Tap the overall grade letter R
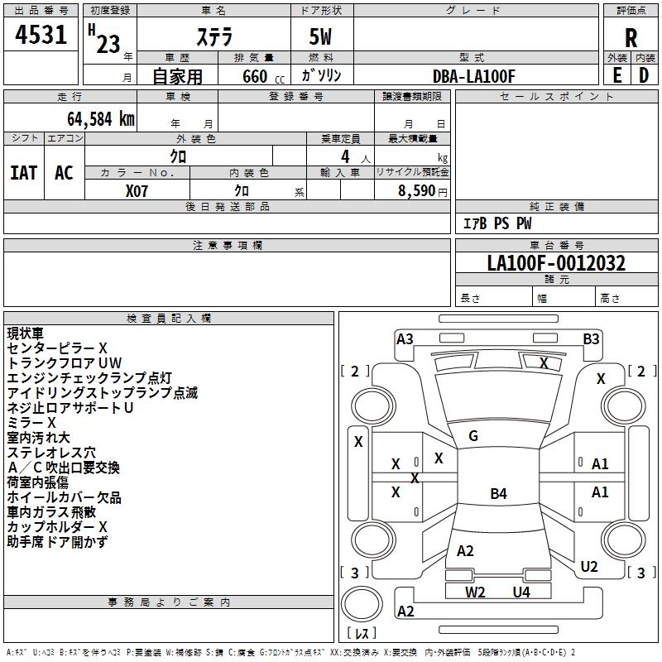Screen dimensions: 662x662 631,38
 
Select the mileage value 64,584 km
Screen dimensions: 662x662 90,118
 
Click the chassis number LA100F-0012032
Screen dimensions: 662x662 556,264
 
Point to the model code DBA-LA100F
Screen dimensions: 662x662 474,76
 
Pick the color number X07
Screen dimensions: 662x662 137,190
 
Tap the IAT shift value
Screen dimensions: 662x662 23,173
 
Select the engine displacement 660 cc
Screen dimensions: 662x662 252,76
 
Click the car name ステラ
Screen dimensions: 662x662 213,38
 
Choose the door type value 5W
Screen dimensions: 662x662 321,38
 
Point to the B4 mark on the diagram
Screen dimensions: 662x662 498,494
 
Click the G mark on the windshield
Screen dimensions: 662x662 473,436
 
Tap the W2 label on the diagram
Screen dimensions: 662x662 475,592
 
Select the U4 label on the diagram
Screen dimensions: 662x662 521,592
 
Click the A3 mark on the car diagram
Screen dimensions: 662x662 405,338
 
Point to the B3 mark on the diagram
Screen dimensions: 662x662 591,338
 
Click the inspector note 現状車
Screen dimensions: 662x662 25,333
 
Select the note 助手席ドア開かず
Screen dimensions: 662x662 57,542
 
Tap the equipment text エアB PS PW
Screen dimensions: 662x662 496,223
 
